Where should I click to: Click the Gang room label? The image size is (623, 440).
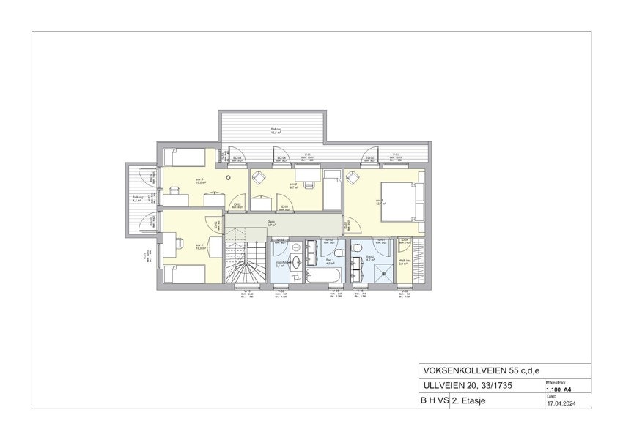pyautogui.click(x=270, y=223)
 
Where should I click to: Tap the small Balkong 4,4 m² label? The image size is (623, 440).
pyautogui.click(x=137, y=198)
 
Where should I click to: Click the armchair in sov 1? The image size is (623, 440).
pyautogui.click(x=353, y=177)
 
